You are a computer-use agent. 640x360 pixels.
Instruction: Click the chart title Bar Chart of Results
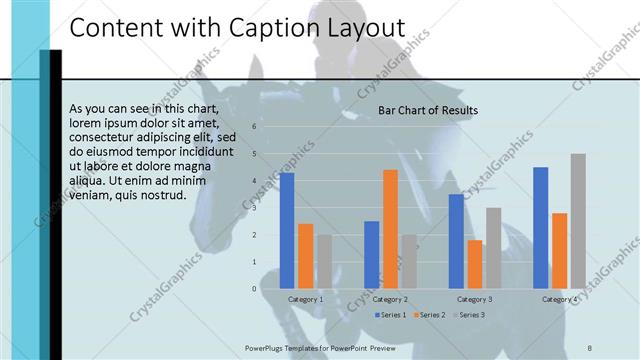(x=427, y=110)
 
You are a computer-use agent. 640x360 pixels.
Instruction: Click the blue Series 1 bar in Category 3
(x=455, y=241)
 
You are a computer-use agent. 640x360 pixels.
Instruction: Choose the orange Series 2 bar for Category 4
(x=559, y=251)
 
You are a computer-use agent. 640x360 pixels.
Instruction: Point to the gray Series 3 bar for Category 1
(x=325, y=262)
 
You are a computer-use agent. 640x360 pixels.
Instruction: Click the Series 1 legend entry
(x=390, y=315)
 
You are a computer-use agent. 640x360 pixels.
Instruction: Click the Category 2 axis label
(x=390, y=299)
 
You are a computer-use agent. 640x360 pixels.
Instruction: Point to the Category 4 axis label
(x=559, y=299)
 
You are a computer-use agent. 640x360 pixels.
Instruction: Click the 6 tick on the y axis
(x=254, y=127)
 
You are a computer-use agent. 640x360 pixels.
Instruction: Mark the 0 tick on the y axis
(x=254, y=289)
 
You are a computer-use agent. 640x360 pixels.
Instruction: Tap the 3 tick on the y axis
(x=254, y=208)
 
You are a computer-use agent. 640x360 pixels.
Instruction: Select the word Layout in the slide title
(x=363, y=29)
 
